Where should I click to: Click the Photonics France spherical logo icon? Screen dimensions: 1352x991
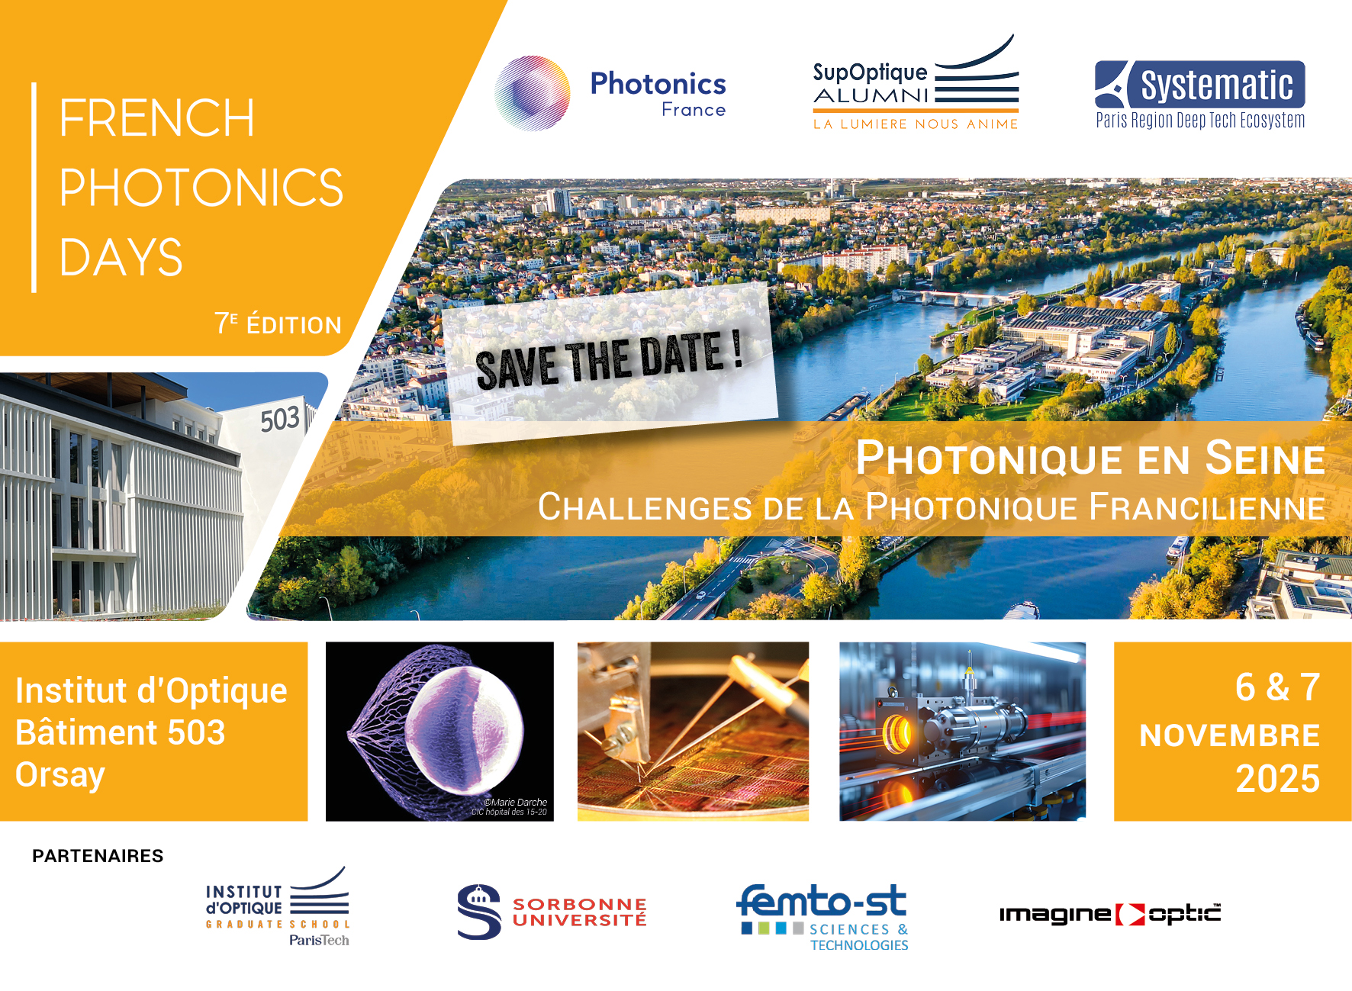pos(532,93)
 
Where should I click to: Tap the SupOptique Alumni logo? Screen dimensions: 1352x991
pos(916,82)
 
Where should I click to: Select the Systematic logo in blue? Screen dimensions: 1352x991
pos(1199,95)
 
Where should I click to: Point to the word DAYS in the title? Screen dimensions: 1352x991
pos(121,256)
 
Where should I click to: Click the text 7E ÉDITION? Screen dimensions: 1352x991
pos(278,323)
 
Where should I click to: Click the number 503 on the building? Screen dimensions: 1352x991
pos(280,419)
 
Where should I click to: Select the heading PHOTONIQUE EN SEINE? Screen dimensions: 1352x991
pos(1090,458)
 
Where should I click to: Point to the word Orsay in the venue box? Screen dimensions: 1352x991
pos(60,775)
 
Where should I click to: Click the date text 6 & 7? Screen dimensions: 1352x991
pos(1277,687)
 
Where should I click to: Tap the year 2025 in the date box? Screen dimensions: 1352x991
pos(1277,779)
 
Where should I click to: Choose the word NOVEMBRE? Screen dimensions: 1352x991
pos(1229,735)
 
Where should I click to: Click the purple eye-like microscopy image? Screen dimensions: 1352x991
pos(439,731)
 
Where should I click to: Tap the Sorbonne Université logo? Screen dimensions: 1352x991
pos(552,912)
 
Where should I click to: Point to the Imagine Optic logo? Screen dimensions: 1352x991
pos(1110,914)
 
